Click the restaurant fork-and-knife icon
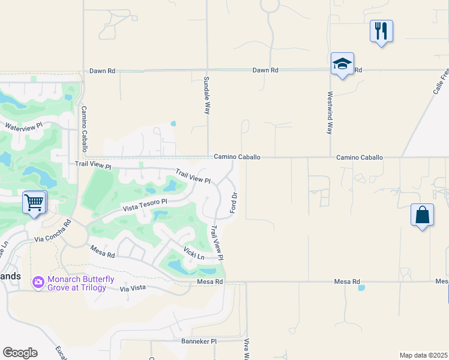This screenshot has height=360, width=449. (381, 31)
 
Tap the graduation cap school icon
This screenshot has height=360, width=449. (342, 64)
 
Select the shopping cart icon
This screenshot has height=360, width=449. (35, 202)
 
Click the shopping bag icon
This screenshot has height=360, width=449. (422, 215)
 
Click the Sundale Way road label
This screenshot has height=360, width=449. (207, 95)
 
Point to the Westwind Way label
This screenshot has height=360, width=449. (330, 112)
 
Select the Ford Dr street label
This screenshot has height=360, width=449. (234, 204)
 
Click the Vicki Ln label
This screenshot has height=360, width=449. (194, 253)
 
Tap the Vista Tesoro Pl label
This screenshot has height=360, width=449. (143, 206)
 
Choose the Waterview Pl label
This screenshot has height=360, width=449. (25, 127)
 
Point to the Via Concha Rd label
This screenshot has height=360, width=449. (53, 232)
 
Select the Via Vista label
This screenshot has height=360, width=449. (133, 289)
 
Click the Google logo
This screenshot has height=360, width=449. (20, 353)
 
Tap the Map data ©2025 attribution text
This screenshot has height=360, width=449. (424, 355)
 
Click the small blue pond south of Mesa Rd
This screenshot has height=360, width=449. (361, 288)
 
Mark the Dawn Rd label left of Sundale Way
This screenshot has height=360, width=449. (102, 71)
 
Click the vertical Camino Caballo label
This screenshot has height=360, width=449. (85, 129)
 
